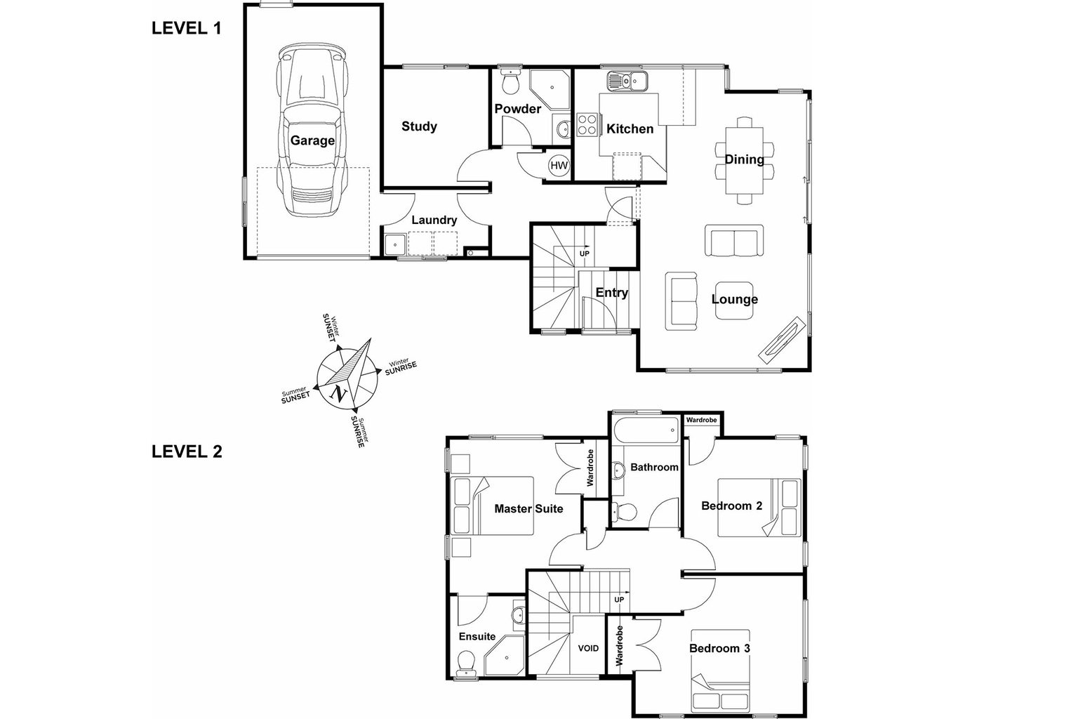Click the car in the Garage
coord(312,133)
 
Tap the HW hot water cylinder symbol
coord(559,166)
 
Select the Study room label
coord(419,126)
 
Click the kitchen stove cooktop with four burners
coord(587,124)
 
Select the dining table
coord(745,160)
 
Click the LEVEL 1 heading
coord(187,29)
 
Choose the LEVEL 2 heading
coord(187,451)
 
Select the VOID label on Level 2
coord(588,648)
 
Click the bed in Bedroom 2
coord(759,508)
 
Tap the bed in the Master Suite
coord(493,506)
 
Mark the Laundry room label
coord(434,220)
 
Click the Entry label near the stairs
coord(611,293)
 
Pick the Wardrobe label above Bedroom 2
coord(702,420)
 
